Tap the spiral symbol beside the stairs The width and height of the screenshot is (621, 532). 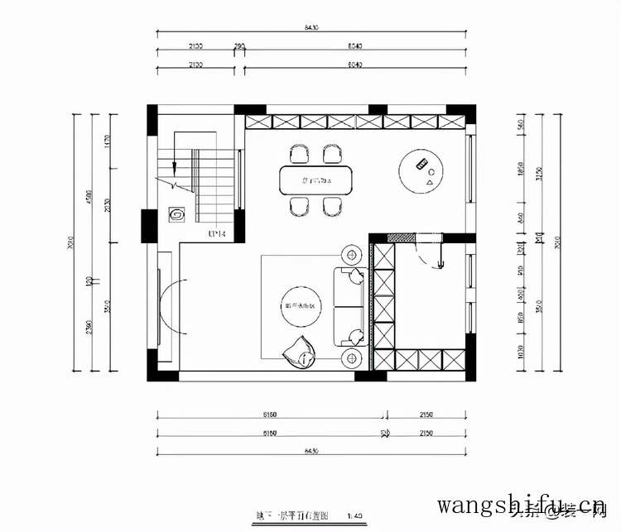(176, 215)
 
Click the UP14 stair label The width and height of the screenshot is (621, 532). (217, 235)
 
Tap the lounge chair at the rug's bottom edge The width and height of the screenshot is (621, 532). (300, 354)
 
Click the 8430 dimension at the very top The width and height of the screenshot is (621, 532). (310, 27)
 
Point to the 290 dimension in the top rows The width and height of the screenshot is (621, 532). (239, 46)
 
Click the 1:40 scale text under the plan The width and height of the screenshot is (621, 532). (356, 515)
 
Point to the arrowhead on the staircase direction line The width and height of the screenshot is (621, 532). (176, 177)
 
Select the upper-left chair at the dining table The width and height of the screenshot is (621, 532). (298, 153)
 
